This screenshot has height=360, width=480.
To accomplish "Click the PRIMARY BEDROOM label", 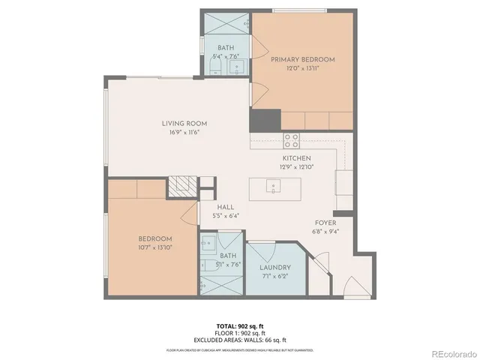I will coord(303,59).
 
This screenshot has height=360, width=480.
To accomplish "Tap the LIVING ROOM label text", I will coord(184,124).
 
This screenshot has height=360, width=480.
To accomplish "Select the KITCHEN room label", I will coord(296,159).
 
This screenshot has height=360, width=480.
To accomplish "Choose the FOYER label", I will coord(324,223).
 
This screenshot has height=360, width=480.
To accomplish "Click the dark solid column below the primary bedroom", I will coord(265,119).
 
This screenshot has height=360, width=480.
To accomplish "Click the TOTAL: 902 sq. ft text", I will coord(240,325).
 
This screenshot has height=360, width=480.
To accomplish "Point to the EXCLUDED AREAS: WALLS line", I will coord(240,339).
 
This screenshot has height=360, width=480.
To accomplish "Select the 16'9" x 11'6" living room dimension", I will coord(184,132).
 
